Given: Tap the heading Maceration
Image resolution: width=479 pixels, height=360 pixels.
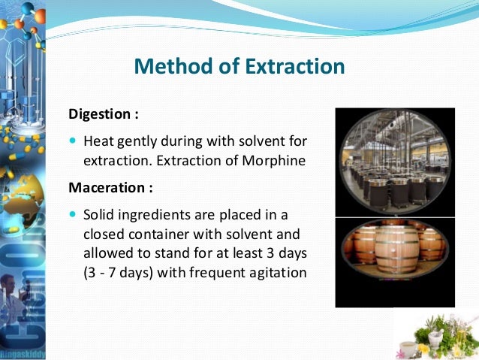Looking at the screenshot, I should (105, 187).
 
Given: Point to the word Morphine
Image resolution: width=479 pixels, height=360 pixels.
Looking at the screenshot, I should (279, 159).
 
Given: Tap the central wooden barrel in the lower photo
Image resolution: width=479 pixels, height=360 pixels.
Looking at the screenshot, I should (395, 259).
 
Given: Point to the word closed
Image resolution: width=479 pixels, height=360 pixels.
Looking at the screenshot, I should (102, 233).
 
